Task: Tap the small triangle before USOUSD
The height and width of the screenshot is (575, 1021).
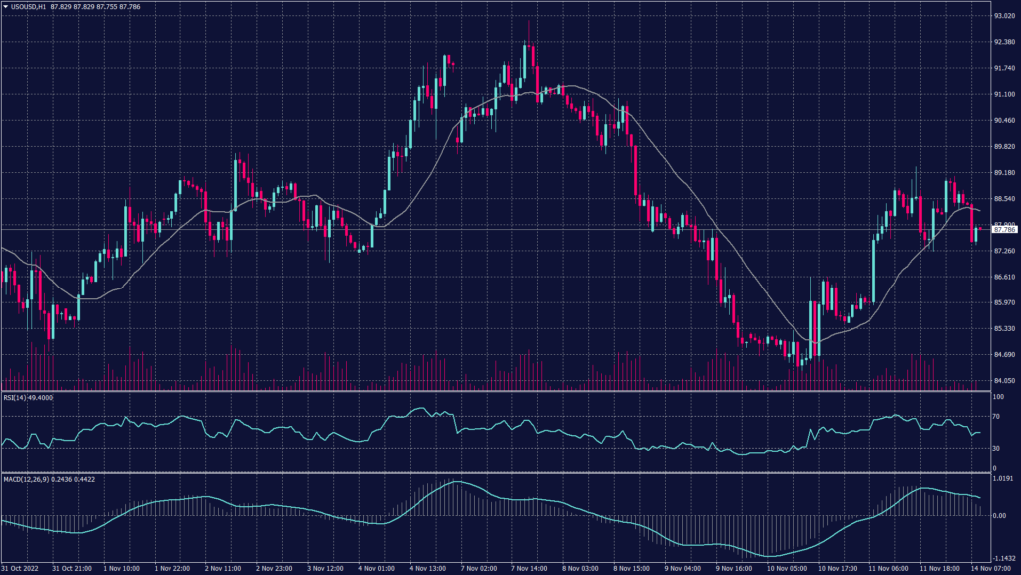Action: click(6, 6)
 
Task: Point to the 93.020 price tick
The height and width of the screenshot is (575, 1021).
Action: click(1004, 16)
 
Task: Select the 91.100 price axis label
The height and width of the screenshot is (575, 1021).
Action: click(1004, 94)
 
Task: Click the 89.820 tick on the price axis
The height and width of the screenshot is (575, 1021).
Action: click(1004, 146)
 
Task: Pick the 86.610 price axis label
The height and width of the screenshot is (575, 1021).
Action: click(1004, 277)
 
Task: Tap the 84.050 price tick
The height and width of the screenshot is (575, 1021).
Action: click(1004, 380)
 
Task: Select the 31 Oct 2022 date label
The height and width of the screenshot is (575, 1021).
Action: click(22, 568)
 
